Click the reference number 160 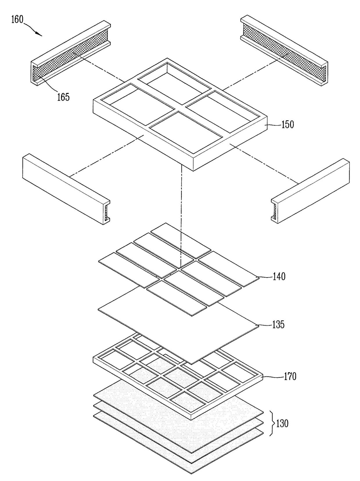pos(17,20)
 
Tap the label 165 pos(63,97)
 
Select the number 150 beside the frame pos(287,125)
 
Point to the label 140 pos(279,276)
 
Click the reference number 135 pos(278,324)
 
